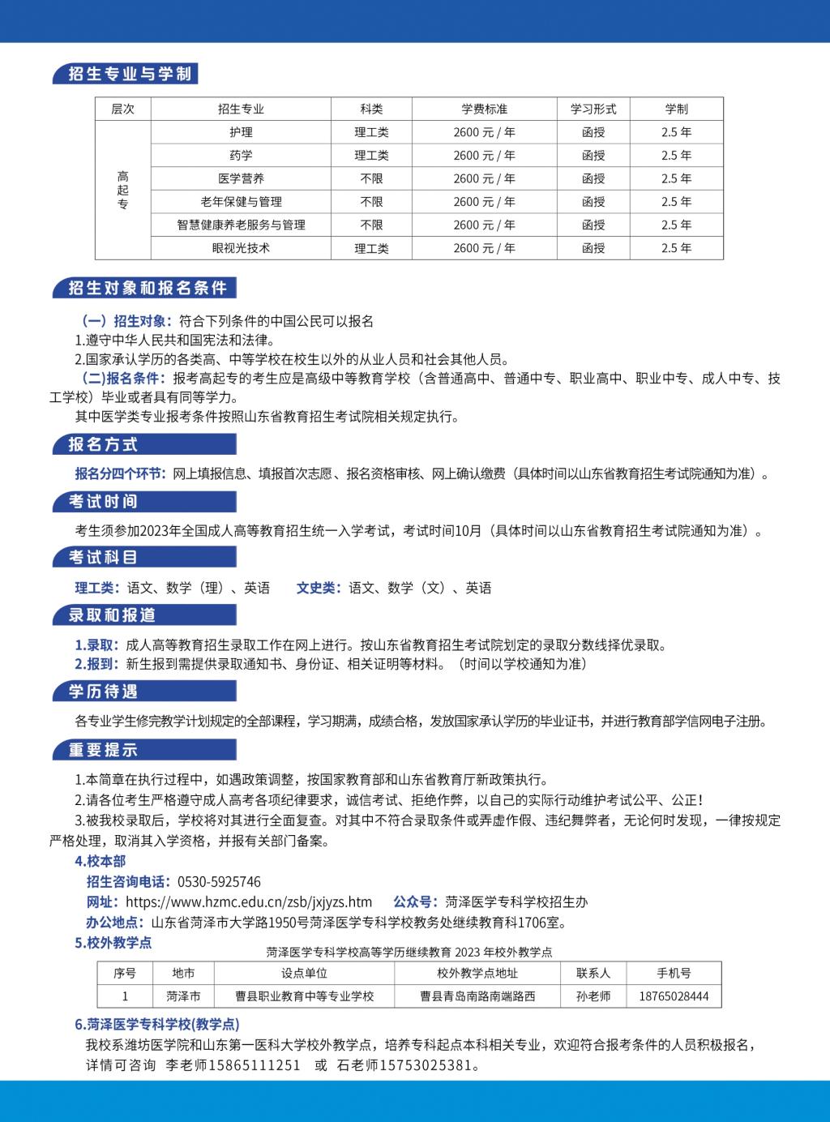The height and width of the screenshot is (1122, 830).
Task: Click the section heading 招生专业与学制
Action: tap(130, 74)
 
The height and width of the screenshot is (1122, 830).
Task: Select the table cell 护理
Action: tap(241, 132)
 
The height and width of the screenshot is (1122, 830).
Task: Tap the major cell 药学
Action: tap(241, 155)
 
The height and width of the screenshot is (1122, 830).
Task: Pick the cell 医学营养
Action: tap(241, 178)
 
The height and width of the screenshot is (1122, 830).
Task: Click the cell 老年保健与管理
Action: tap(241, 202)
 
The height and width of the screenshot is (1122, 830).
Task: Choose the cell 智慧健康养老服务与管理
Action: tap(241, 225)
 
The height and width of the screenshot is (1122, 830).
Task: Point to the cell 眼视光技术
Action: tap(241, 248)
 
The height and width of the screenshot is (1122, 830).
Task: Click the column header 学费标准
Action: tap(484, 109)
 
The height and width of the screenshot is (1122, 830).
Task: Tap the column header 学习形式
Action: tap(593, 109)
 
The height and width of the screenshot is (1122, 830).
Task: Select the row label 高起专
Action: tap(123, 190)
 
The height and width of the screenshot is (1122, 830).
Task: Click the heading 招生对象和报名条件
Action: tap(148, 288)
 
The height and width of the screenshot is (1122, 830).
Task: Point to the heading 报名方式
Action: tap(103, 444)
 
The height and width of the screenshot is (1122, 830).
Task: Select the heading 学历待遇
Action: tap(103, 692)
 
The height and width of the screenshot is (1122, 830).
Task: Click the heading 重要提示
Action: tap(103, 750)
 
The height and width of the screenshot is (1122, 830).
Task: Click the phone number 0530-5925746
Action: tap(219, 882)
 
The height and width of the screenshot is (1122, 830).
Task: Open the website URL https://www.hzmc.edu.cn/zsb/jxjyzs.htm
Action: tap(249, 902)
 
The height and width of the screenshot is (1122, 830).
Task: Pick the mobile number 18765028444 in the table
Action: tap(674, 996)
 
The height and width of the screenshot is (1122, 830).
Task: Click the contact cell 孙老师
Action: tap(593, 996)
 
